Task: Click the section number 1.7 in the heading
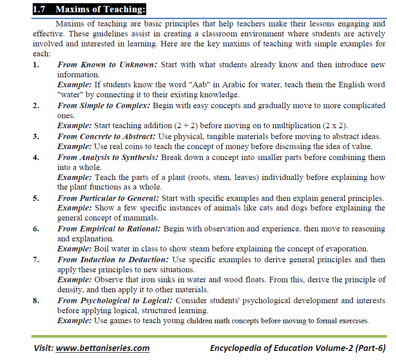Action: pyautogui.click(x=41, y=9)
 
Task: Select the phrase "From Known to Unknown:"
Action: pyautogui.click(x=107, y=65)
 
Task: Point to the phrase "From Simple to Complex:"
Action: pyautogui.click(x=104, y=105)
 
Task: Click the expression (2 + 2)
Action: pyautogui.click(x=188, y=126)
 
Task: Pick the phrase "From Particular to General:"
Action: pyautogui.click(x=108, y=198)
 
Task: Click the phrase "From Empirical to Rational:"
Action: pyautogui.click(x=109, y=229)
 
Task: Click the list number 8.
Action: pyautogui.click(x=36, y=300)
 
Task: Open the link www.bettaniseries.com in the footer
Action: pyautogui.click(x=103, y=348)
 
